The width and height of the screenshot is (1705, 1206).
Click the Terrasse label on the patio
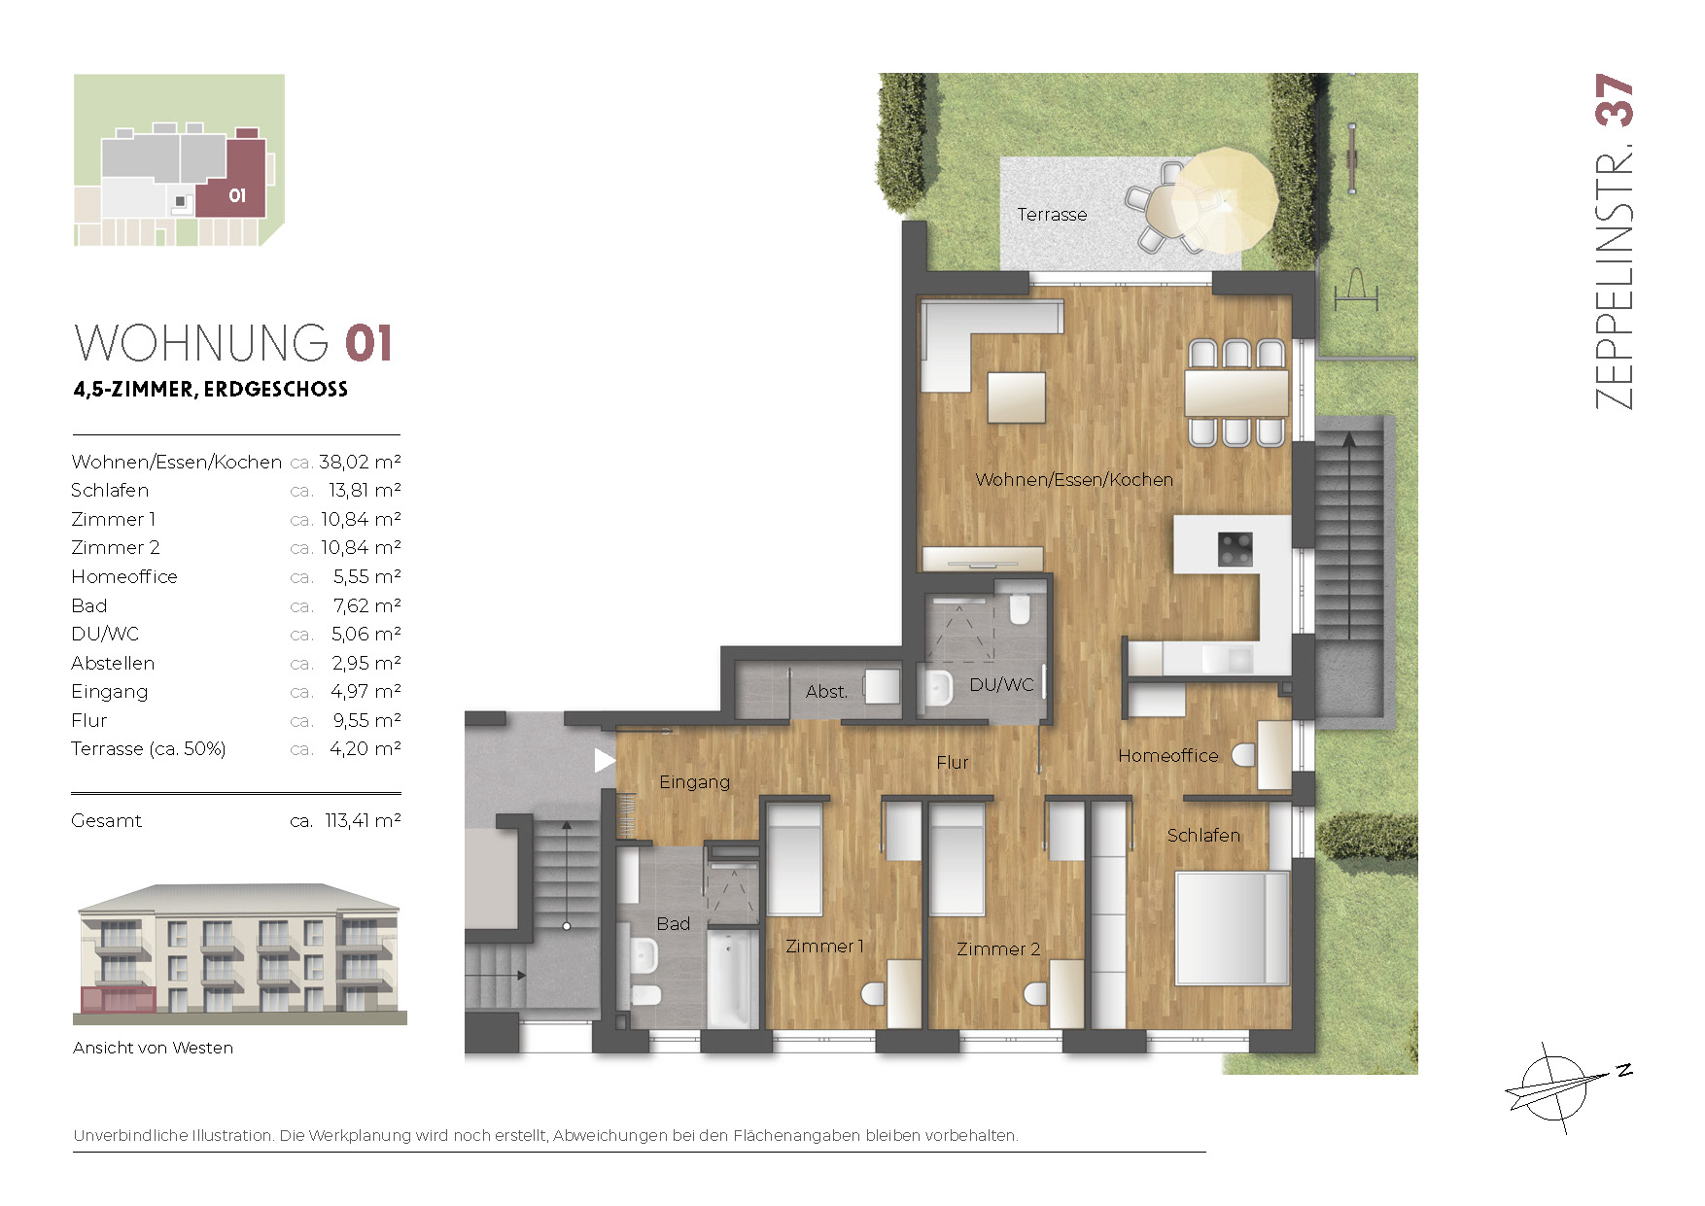[x=1052, y=215]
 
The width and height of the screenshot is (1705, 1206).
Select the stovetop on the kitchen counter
[x=1235, y=548]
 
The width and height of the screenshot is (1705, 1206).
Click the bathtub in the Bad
[x=732, y=979]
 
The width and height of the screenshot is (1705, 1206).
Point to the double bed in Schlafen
[x=1233, y=928]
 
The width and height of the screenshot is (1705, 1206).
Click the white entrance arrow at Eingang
[x=605, y=760]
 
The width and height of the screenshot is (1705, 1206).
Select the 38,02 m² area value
[x=360, y=462]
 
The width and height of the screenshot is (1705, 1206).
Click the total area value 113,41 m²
[x=363, y=820]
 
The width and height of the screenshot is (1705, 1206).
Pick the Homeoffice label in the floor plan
[x=1167, y=755]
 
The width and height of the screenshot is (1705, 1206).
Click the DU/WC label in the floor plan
[x=1001, y=684]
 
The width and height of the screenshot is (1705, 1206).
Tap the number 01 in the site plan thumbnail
[x=237, y=196]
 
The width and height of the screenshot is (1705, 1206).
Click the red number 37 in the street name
[x=1615, y=100]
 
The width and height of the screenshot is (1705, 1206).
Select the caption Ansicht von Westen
[x=153, y=1048]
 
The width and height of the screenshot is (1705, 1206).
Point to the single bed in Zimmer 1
[x=795, y=859]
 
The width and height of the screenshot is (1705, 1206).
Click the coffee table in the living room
[x=1017, y=397]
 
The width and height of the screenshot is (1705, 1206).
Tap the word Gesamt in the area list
[x=106, y=820]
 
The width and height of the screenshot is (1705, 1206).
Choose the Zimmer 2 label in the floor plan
[x=998, y=948]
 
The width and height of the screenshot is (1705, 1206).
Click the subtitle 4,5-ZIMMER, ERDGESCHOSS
[x=210, y=390]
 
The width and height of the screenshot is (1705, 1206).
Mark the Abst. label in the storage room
[x=826, y=691]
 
